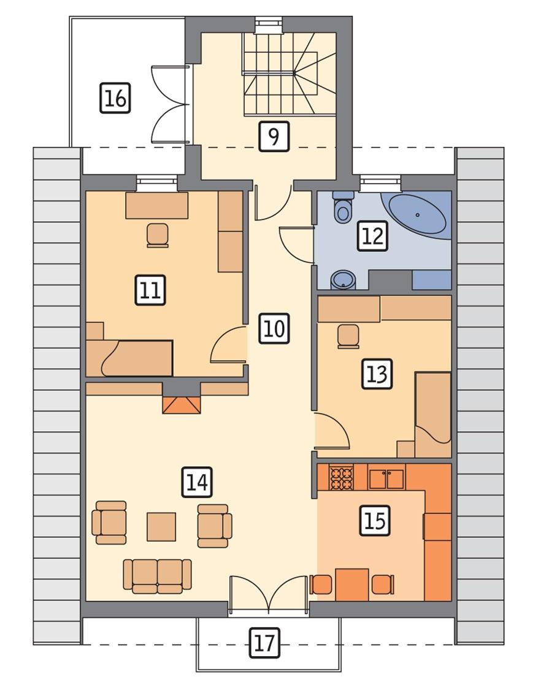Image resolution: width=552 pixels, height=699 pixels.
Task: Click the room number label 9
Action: tap(274, 136)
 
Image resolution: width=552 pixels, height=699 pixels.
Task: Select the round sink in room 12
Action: tap(341, 280)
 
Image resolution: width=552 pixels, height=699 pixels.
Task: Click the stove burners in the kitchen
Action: tap(342, 478)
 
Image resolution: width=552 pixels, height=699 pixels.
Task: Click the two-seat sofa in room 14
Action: tap(158, 576)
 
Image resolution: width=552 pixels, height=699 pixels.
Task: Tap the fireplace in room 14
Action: tap(182, 405)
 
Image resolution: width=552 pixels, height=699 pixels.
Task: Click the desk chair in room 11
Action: tap(158, 235)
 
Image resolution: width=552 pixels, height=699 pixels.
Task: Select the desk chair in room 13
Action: tap(348, 336)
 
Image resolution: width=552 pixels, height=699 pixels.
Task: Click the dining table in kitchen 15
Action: tap(351, 584)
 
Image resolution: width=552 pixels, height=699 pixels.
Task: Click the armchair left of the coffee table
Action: tap(110, 523)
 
